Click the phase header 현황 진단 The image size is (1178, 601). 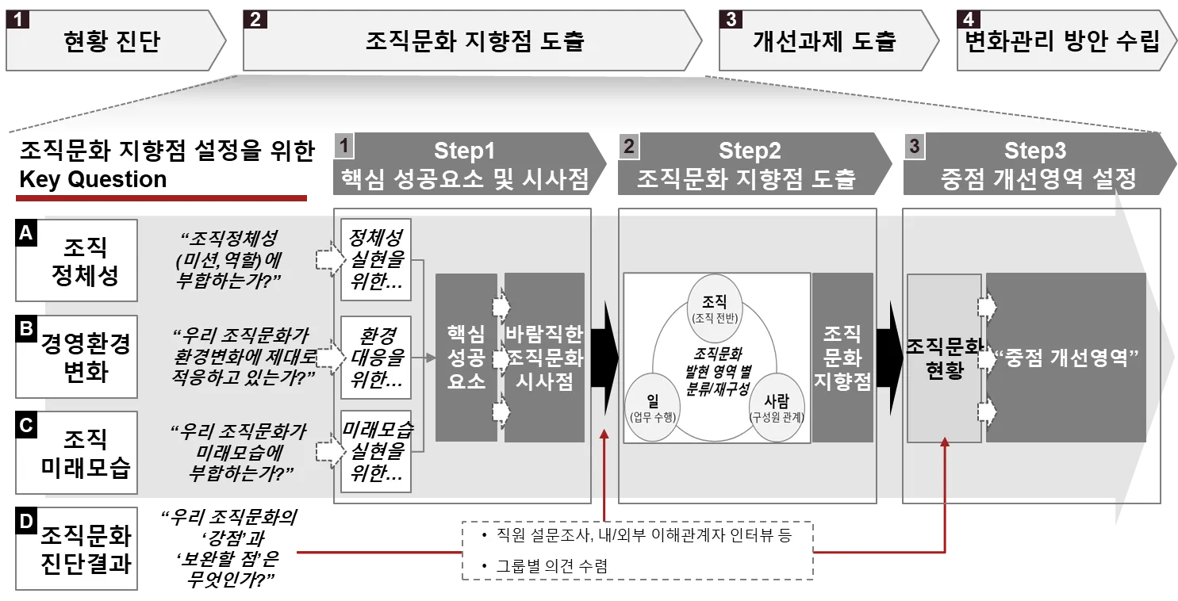point(111,40)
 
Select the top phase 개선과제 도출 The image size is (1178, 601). point(824,40)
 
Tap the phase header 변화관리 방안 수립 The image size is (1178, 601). point(1061,40)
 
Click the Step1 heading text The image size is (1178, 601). point(464,151)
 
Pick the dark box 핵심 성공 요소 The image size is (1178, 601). point(466,358)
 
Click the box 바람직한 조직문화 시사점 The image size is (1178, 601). point(544,358)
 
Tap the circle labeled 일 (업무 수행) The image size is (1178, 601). point(653,407)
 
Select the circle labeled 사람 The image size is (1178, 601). point(777,407)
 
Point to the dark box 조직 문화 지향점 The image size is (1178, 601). point(842,358)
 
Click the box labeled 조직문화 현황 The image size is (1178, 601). point(943,358)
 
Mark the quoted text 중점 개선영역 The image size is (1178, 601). point(1065,358)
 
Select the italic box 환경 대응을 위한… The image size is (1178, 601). point(376,358)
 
